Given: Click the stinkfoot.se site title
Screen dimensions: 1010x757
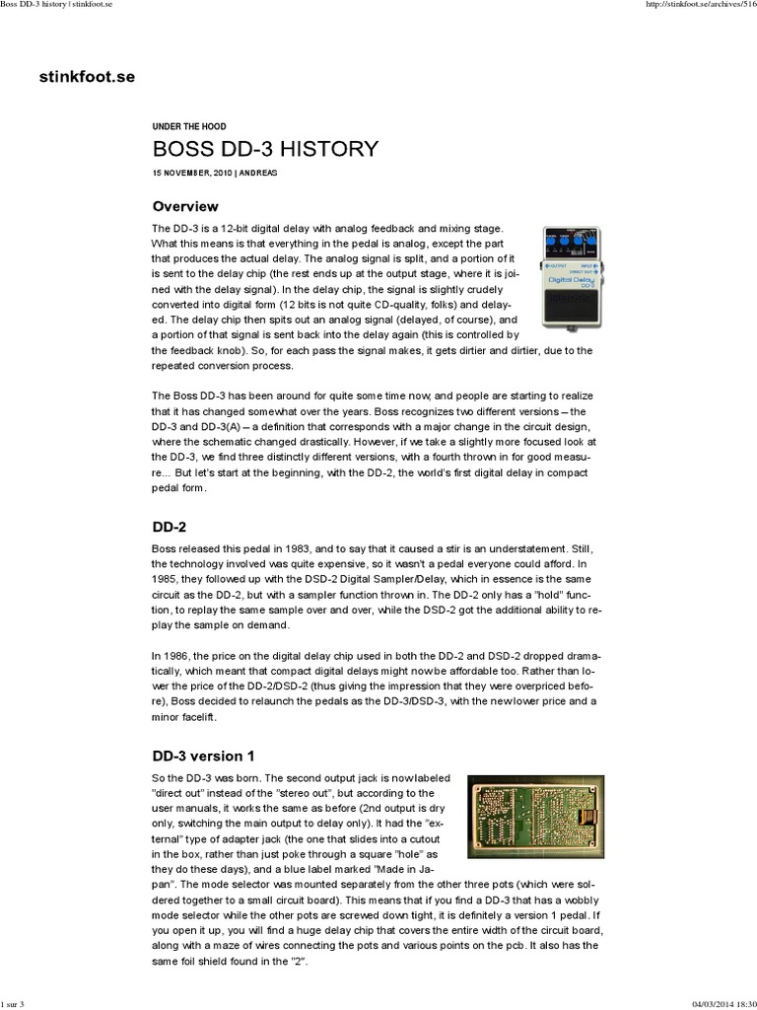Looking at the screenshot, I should [x=88, y=75].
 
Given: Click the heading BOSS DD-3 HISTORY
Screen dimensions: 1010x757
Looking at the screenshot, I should [x=265, y=149].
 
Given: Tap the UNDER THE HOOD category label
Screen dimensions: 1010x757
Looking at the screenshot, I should [x=189, y=127].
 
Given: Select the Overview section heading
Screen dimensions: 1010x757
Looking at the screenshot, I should [x=185, y=206].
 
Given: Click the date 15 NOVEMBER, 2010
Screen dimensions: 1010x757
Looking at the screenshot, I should [x=192, y=172].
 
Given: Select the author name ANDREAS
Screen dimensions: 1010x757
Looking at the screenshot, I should [x=256, y=172].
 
